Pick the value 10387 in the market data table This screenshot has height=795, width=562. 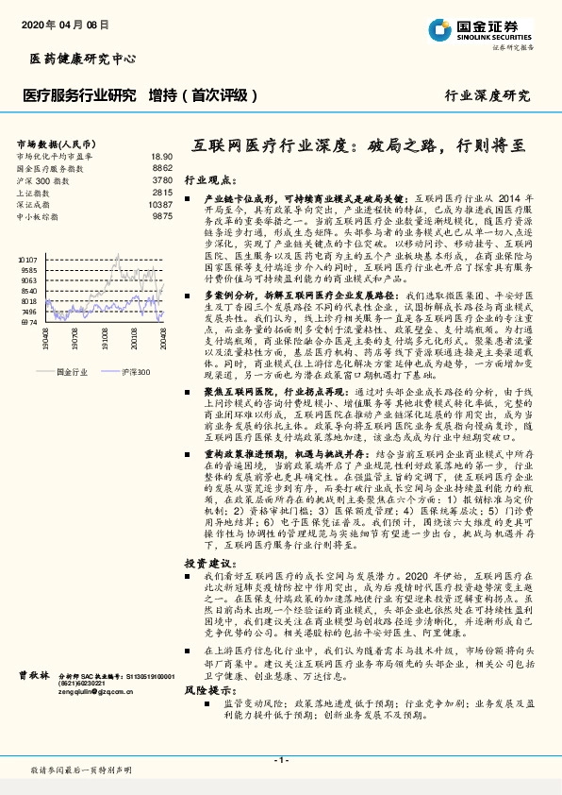[160, 204]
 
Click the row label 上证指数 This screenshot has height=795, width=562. [34, 192]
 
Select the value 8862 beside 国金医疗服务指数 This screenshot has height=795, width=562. [162, 167]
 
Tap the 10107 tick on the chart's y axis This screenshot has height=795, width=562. [27, 257]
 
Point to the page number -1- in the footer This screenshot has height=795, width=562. [280, 759]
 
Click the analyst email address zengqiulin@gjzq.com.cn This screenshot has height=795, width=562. [98, 719]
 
